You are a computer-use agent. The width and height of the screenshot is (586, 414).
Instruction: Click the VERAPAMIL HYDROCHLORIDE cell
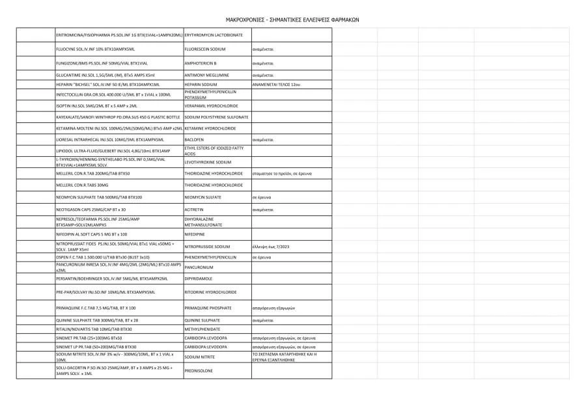pos(211,105)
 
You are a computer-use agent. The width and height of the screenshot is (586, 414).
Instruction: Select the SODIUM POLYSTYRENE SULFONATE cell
pos(216,117)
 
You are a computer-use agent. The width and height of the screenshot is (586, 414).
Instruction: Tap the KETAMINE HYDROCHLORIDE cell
pos(210,129)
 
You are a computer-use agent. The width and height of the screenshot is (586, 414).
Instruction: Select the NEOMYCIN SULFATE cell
pos(203,197)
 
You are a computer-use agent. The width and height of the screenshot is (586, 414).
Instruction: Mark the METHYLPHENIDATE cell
pos(204,329)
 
